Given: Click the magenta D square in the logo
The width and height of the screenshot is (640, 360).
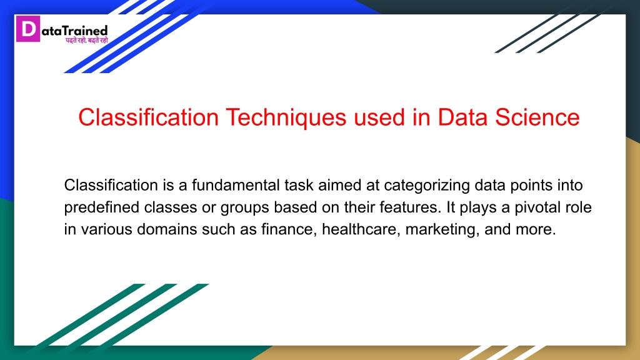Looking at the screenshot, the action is (x=28, y=29).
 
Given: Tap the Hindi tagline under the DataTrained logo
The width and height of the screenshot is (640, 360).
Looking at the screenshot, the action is (x=87, y=40).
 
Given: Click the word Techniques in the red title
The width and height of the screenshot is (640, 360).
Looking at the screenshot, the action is (x=286, y=117).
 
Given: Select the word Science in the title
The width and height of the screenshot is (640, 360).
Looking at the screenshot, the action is (x=537, y=117).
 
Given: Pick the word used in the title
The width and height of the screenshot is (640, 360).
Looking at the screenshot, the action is (x=379, y=117).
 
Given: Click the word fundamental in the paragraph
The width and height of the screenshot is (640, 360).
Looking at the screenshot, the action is (x=236, y=185).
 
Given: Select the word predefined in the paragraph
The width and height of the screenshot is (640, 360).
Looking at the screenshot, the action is (x=102, y=207).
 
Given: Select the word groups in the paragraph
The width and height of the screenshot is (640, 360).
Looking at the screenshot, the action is (x=244, y=207).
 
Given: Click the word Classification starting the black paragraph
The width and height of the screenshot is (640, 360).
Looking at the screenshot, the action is (x=111, y=185).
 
